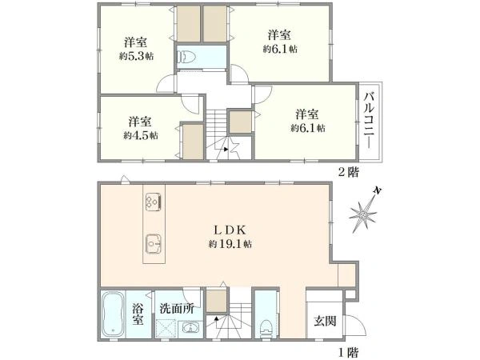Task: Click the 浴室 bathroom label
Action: (x=138, y=314)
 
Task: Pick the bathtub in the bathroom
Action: (x=112, y=317)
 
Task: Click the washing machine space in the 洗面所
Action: (x=166, y=329)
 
